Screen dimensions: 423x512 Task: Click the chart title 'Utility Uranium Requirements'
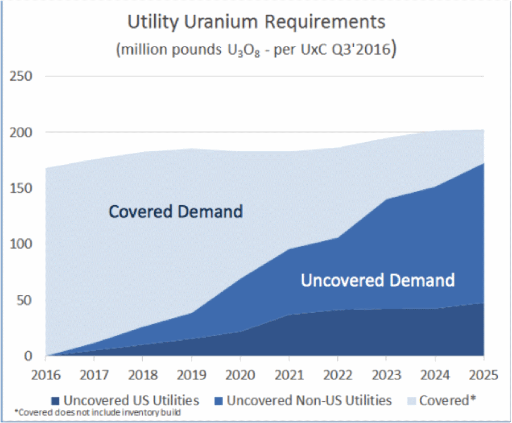257,22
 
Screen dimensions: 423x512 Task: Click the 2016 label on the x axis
46,375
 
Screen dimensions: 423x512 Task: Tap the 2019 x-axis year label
191,375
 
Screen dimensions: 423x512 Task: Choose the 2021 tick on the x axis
288,375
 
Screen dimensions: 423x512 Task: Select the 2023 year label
386,375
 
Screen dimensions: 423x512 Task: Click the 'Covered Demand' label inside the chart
176,212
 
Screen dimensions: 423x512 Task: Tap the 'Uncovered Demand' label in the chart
378,280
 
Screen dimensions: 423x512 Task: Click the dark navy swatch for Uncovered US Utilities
55,400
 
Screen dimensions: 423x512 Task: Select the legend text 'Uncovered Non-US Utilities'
309,400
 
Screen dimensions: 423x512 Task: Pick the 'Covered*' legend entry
447,400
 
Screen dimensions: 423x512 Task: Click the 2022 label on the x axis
337,375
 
